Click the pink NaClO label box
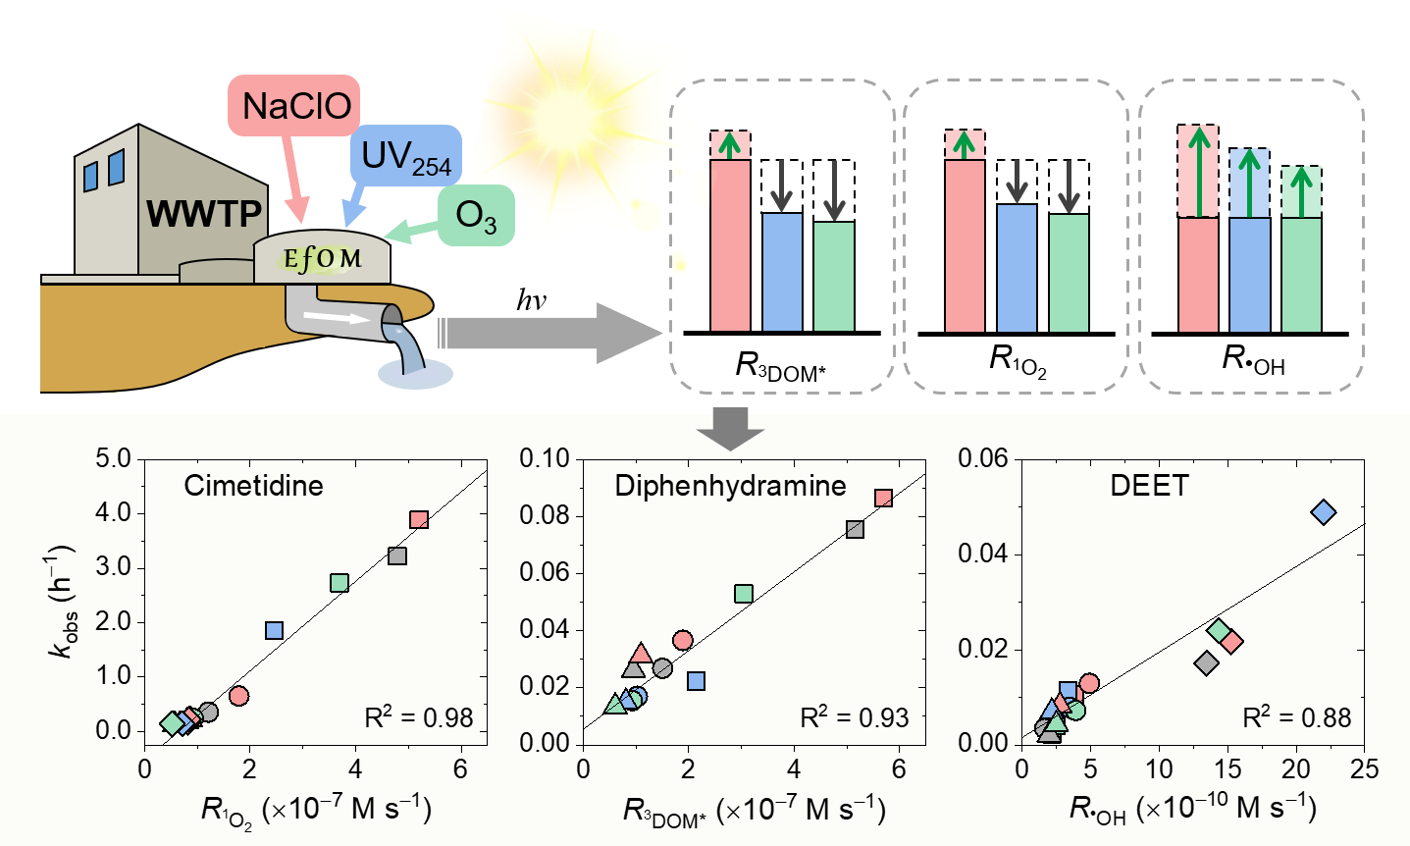(x=295, y=105)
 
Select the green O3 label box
(x=476, y=216)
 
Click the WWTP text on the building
(x=204, y=213)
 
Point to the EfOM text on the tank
(x=322, y=258)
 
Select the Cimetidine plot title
(x=253, y=485)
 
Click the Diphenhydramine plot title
(x=730, y=485)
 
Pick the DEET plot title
(x=1149, y=485)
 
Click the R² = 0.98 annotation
(x=419, y=717)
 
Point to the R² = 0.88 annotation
(x=1296, y=717)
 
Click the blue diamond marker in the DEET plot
(x=1324, y=511)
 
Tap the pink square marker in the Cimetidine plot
(x=419, y=520)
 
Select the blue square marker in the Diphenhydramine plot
(x=697, y=681)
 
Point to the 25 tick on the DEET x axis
(x=1364, y=768)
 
